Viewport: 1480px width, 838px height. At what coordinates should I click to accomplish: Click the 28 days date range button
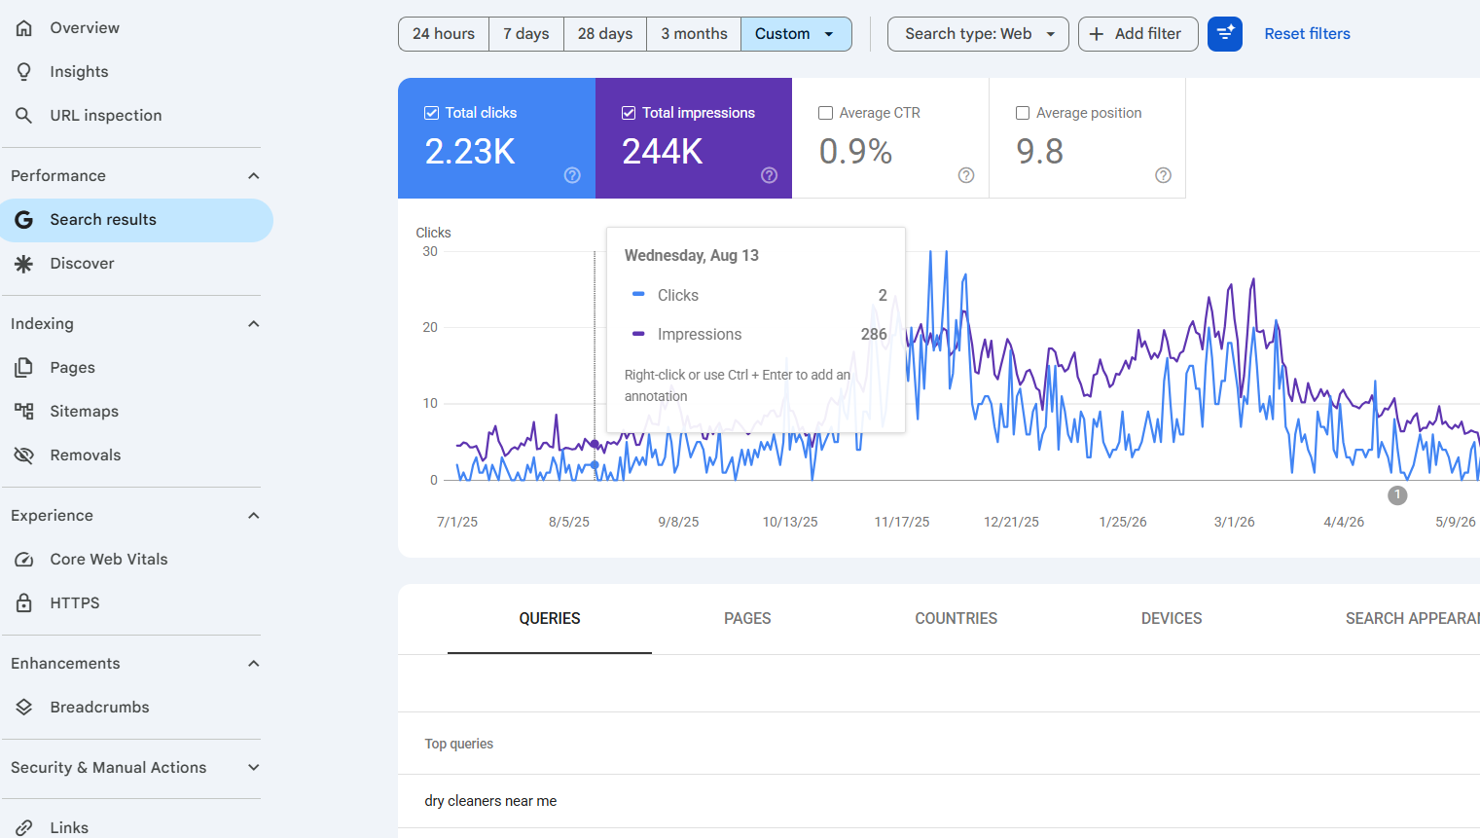(604, 34)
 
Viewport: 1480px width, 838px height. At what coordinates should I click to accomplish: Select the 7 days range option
(525, 34)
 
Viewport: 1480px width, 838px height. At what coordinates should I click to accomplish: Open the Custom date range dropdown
(796, 34)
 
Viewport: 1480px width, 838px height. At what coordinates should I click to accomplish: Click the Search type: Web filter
(978, 34)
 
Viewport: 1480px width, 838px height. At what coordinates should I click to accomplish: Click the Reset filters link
(1307, 34)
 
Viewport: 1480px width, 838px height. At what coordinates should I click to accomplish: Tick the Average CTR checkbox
(825, 113)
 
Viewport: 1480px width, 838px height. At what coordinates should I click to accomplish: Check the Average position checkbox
(1022, 113)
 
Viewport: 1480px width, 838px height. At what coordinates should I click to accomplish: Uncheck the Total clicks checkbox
(431, 113)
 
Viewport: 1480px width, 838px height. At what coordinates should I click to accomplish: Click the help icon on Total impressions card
(769, 175)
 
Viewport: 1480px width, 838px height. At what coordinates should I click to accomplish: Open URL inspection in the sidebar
(106, 116)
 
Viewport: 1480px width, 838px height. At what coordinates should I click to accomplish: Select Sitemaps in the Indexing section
(84, 411)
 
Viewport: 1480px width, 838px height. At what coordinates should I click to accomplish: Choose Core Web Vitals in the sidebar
(108, 559)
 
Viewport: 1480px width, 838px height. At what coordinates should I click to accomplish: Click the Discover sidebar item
(82, 263)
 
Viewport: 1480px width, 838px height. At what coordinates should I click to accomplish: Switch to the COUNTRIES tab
(957, 619)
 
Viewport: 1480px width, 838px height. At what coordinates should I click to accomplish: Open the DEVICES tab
(1172, 619)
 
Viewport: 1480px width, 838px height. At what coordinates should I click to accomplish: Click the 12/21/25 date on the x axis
(1011, 522)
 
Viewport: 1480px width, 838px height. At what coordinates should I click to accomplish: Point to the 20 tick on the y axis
(430, 327)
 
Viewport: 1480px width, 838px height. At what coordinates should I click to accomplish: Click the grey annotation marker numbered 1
(1396, 495)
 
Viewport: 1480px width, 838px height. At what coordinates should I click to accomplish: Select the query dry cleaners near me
(490, 801)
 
